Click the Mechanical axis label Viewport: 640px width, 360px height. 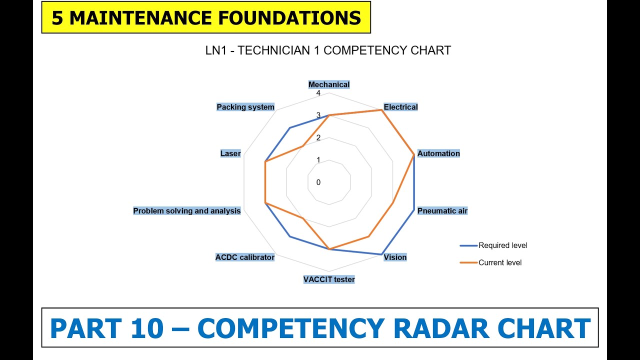tap(328, 84)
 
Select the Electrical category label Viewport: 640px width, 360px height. tap(400, 107)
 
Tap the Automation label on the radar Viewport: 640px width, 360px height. tap(438, 153)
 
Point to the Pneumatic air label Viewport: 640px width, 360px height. tap(442, 211)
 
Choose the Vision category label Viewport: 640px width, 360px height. tap(395, 257)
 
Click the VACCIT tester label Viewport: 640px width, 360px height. tap(329, 279)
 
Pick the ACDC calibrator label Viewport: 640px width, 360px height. tap(244, 257)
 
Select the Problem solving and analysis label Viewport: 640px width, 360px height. tap(186, 211)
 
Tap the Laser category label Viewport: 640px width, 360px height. tap(230, 153)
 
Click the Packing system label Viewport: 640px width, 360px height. tap(245, 107)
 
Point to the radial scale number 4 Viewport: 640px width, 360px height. tap(318, 93)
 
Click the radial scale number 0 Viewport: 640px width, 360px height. tap(318, 182)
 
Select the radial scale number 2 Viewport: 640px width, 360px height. tap(318, 138)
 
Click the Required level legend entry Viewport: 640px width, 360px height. tap(502, 245)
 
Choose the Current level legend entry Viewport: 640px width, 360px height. tap(499, 262)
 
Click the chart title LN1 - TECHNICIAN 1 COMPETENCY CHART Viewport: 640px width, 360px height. tap(328, 50)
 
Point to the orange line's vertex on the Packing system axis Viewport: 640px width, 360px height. tap(303, 146)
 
